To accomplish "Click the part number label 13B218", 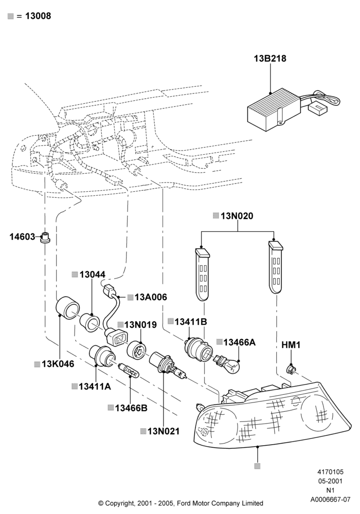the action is [270, 59].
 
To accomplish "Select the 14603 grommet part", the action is [45, 237].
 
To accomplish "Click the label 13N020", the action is [237, 216].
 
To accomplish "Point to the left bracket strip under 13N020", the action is [202, 274].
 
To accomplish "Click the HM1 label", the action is [291, 345].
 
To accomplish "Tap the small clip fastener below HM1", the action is [291, 370].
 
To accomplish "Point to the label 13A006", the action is [151, 297].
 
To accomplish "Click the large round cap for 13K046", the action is [67, 308].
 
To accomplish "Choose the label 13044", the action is [93, 274].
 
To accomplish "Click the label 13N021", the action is [164, 431].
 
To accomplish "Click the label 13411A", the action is [95, 387].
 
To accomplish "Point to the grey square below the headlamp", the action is [258, 466].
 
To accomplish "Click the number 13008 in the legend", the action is [38, 16].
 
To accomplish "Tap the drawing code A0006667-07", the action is [331, 500].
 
